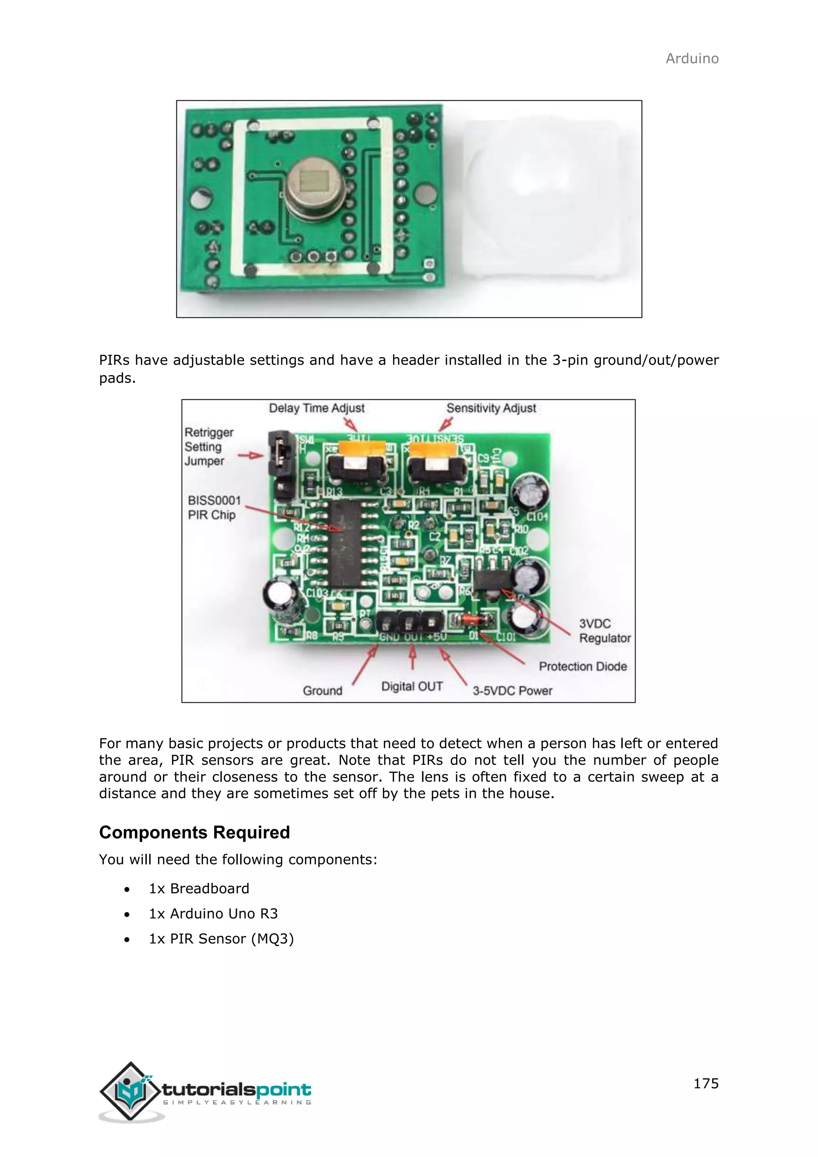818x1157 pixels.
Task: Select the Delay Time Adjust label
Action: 316,408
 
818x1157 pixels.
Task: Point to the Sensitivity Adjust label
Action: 491,408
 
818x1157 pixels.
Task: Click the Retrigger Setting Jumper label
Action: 208,447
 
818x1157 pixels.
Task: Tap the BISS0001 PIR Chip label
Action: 214,507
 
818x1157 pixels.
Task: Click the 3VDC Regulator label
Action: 604,631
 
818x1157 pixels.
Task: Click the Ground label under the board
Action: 322,691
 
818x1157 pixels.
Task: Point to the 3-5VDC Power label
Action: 512,691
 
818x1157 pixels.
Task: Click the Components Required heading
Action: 195,833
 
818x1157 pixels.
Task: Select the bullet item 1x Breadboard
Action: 199,889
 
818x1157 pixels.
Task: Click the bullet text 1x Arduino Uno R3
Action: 213,914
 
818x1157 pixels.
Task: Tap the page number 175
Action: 706,1083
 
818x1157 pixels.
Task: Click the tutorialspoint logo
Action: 206,1091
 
